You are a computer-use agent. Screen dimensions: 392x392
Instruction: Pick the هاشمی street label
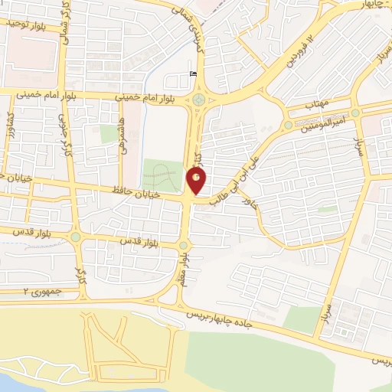point(121,137)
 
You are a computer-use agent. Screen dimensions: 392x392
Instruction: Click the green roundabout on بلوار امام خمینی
point(199,99)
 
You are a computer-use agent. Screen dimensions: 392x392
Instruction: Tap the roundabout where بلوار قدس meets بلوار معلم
point(182,246)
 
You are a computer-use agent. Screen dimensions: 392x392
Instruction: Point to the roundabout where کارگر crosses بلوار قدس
point(75,237)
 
